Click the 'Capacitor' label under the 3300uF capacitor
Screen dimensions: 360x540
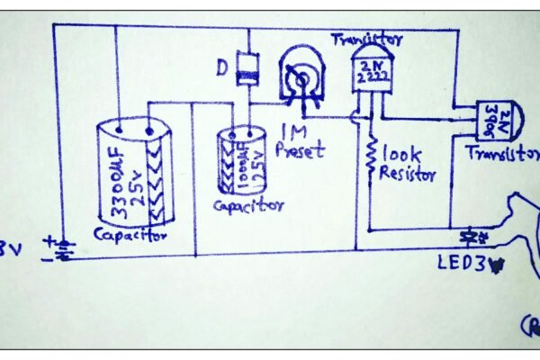[x=131, y=236]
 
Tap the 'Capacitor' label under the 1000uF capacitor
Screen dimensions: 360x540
[x=247, y=205]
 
